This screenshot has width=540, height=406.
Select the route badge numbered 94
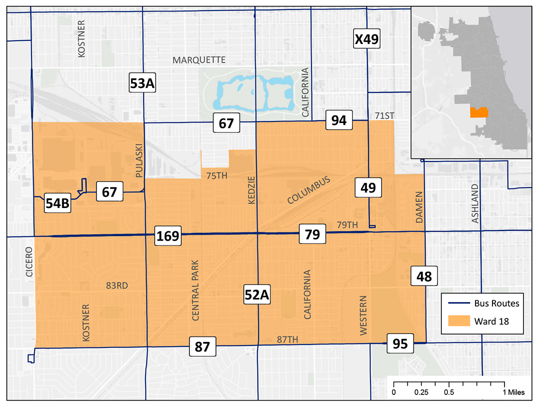[x=339, y=120]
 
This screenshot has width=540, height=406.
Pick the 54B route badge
[x=57, y=203]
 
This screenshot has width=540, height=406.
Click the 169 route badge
[x=167, y=235]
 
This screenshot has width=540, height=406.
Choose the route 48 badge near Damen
[x=424, y=275]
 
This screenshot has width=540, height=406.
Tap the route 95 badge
[x=400, y=344]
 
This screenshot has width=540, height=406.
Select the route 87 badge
[x=202, y=346]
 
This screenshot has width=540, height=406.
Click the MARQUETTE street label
[x=199, y=60]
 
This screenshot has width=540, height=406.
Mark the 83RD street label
[x=117, y=285]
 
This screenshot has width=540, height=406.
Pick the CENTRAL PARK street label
[x=195, y=290]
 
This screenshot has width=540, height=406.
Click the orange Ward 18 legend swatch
[x=458, y=321]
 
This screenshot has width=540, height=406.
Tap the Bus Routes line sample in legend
[x=458, y=303]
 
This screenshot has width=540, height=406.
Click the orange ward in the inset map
[x=478, y=112]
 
